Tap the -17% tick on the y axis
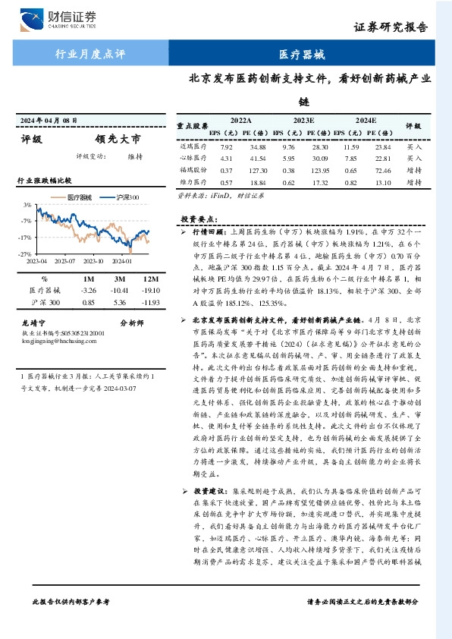[x=27, y=238]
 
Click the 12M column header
[x=149, y=279]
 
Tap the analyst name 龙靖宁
[x=34, y=323]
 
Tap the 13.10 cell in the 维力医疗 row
[x=382, y=183]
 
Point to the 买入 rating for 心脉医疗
[x=414, y=159]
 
